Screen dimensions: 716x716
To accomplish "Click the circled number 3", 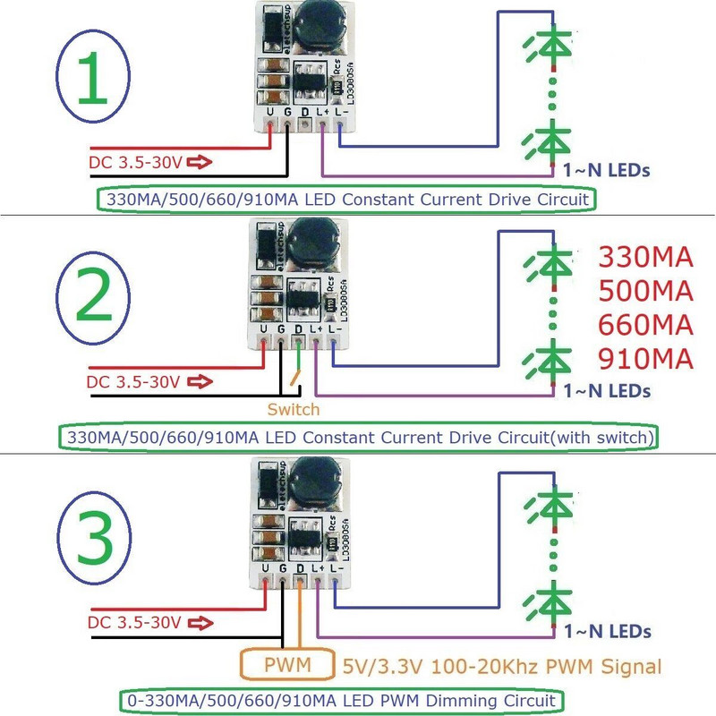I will [93, 540].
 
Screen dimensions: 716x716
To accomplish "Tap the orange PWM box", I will [287, 666].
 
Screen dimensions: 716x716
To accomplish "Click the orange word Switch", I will [293, 409].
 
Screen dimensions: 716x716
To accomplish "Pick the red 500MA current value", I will [644, 293].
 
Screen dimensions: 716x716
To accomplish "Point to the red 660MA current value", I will [644, 326].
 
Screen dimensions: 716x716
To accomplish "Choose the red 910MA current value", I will [644, 360].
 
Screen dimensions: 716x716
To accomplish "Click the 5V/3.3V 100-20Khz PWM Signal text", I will [502, 667].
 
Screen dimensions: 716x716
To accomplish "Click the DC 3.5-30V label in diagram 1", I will [137, 163].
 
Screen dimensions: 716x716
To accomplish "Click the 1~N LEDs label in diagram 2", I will [606, 390].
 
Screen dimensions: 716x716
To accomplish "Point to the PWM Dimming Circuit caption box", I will [341, 699].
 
